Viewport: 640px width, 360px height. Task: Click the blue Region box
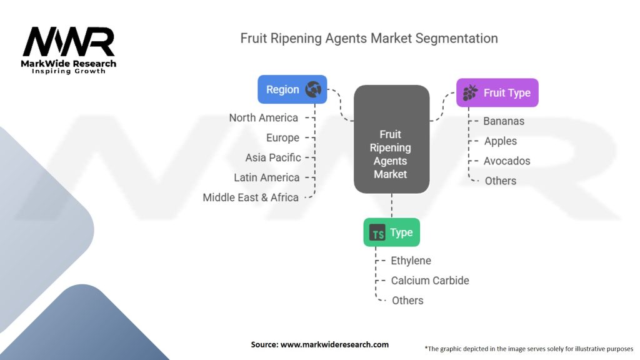pos(292,89)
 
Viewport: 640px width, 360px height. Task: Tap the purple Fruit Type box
pos(497,92)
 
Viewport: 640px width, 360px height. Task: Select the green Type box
pos(391,232)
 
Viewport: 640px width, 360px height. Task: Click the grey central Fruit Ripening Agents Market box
pos(391,139)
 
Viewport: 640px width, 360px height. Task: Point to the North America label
pos(263,118)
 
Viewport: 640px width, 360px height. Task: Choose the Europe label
pos(282,138)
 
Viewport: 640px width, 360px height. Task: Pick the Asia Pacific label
pos(273,157)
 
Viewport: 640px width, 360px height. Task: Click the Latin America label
pos(266,177)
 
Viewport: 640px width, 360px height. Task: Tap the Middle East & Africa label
pos(251,197)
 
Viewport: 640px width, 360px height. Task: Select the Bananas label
pos(504,121)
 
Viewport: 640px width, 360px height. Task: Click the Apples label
pos(501,141)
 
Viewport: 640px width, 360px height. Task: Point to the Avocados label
pos(507,161)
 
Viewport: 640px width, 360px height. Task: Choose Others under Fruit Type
pos(501,181)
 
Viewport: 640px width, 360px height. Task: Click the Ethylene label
pos(411,261)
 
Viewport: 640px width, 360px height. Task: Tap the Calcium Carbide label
pos(430,281)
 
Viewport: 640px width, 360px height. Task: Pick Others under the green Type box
pos(407,301)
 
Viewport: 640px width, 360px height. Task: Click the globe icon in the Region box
pos(313,89)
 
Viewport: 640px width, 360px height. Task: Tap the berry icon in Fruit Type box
pos(470,92)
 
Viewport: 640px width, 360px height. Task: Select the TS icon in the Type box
pos(377,232)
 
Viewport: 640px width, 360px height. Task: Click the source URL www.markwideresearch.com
pos(334,344)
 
